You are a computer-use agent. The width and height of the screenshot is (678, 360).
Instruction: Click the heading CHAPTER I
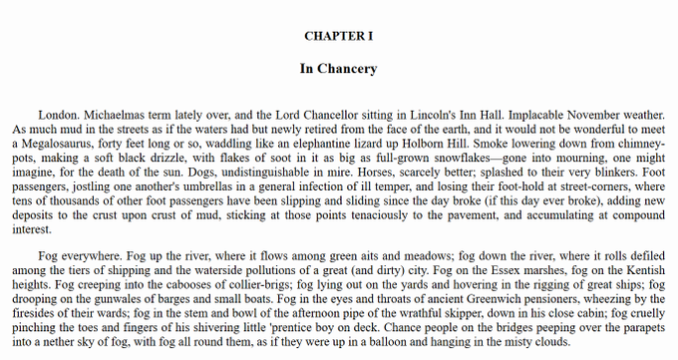tap(338, 36)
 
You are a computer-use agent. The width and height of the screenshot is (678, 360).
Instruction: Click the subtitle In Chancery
tap(338, 70)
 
